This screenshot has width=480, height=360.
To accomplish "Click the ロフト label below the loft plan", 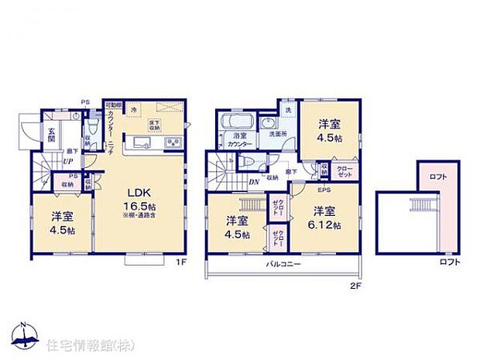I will click(449, 262).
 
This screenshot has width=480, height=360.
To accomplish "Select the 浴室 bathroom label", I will click(240, 136).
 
